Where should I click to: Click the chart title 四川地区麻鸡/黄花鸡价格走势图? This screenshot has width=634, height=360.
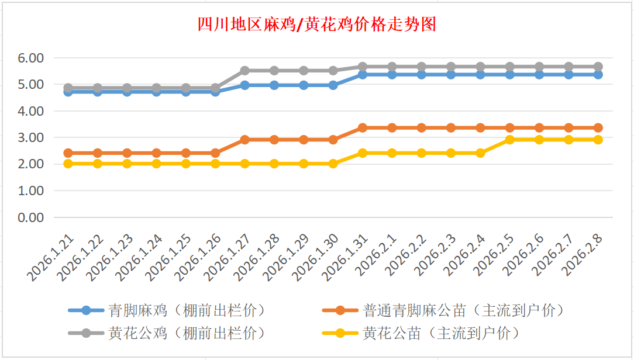click(316, 25)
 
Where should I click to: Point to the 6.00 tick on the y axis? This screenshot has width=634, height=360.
click(31, 58)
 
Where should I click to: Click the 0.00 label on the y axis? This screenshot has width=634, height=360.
click(31, 217)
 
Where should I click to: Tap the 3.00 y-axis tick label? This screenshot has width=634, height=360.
click(31, 137)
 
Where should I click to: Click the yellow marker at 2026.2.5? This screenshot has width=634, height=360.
click(509, 140)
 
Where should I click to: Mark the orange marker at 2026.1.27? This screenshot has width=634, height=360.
click(244, 140)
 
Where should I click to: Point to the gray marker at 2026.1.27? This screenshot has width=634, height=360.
click(244, 70)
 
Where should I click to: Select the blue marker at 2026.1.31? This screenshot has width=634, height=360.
click(363, 75)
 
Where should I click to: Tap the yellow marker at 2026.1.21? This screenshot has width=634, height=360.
click(68, 164)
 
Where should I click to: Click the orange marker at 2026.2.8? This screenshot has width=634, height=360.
click(598, 127)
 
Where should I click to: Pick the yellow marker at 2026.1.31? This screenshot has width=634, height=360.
click(363, 153)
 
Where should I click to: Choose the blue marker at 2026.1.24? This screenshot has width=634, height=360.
click(156, 91)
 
